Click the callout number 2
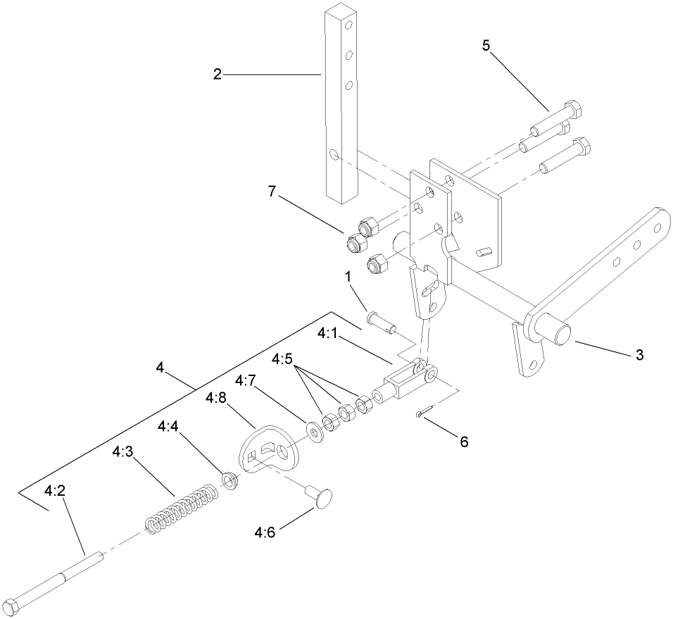(x=218, y=74)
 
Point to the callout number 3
(x=639, y=356)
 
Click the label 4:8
(x=216, y=399)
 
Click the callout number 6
(x=463, y=442)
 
